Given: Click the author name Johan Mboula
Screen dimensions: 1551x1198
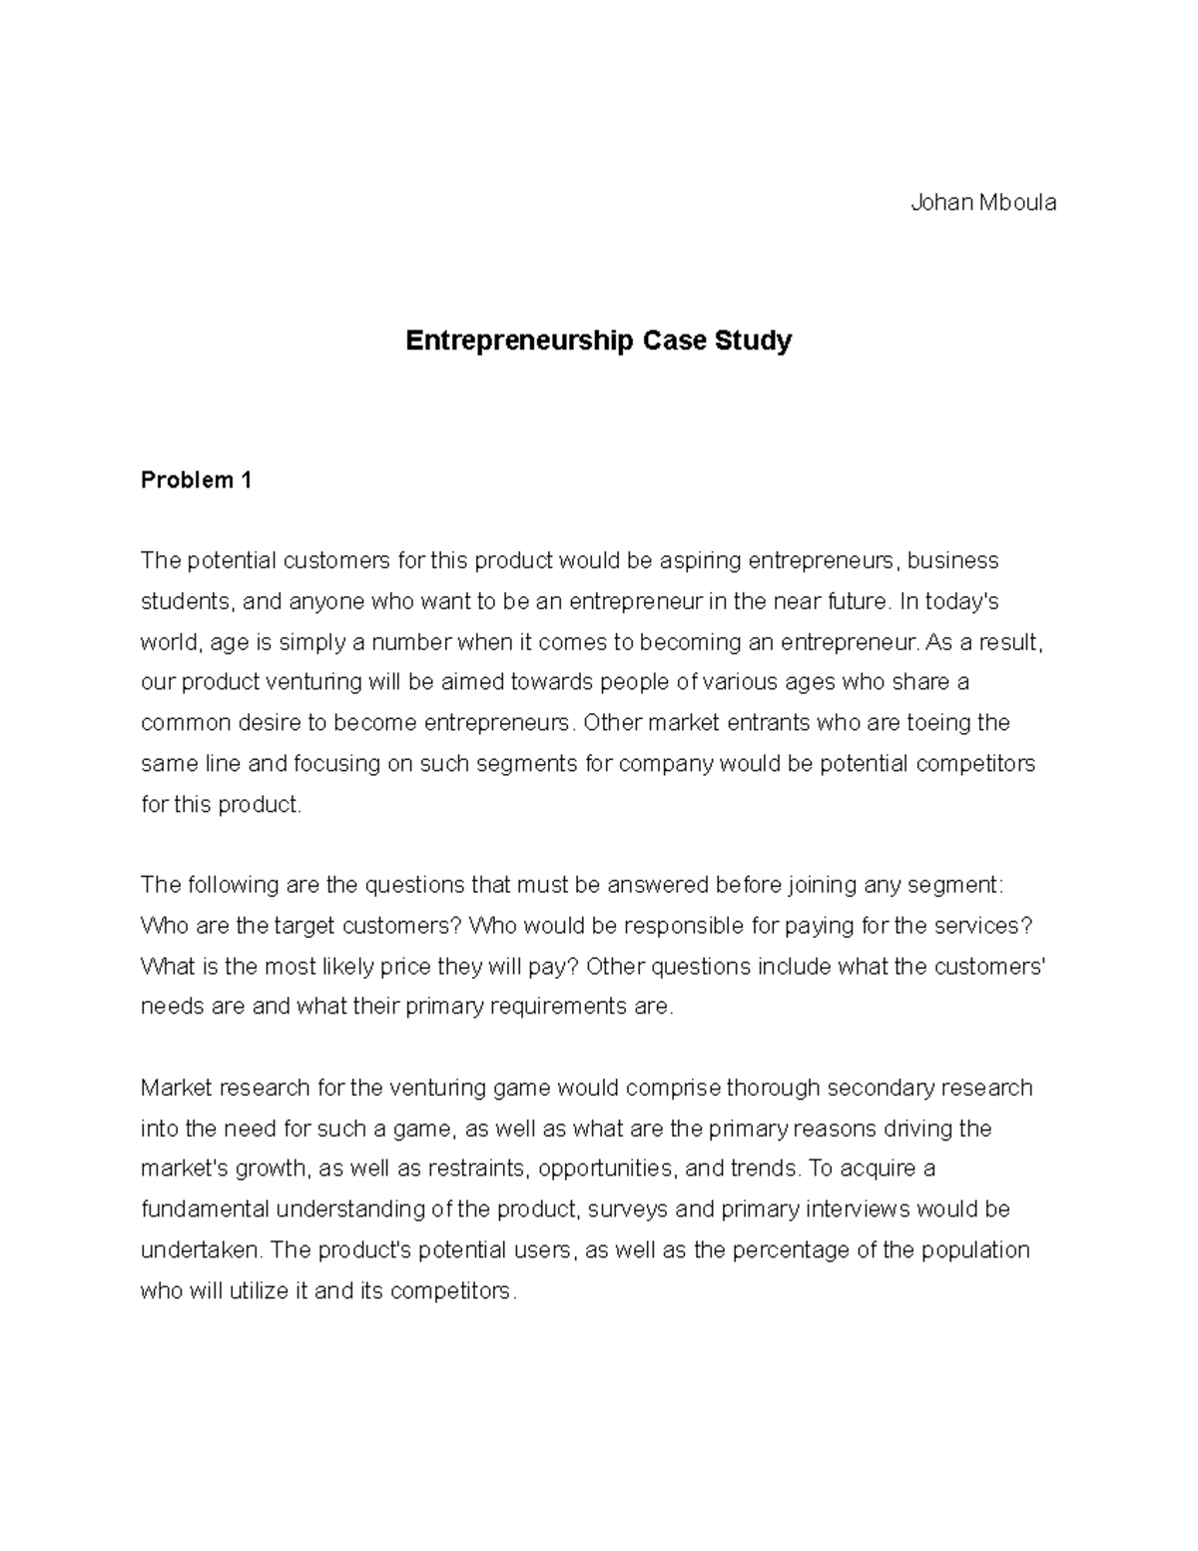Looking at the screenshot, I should tap(982, 203).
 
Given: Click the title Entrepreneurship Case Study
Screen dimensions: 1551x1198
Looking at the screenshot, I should tap(598, 341).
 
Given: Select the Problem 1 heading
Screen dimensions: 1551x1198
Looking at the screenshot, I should tap(196, 480).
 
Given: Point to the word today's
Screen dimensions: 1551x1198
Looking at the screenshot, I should tap(962, 601).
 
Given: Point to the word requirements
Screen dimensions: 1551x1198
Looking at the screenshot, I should tap(542, 1007).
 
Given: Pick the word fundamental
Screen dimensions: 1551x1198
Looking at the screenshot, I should tap(205, 1209).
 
